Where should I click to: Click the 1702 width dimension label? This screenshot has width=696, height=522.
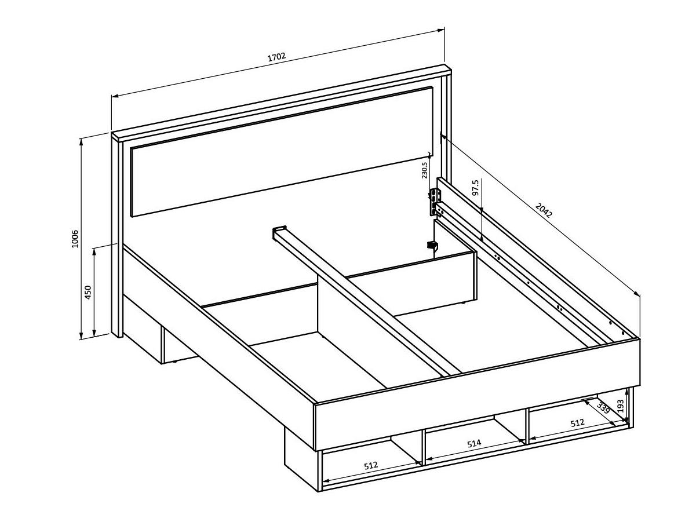tap(277, 57)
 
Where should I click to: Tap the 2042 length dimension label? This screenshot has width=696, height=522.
tap(544, 210)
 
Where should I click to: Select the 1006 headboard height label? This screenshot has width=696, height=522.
tap(75, 239)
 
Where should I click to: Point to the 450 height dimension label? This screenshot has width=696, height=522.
tap(88, 292)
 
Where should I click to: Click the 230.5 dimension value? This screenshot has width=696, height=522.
tap(425, 170)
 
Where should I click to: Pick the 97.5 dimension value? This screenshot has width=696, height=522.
tap(476, 187)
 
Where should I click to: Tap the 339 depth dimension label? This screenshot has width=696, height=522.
tap(603, 408)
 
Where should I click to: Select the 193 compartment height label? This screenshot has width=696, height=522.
tap(621, 406)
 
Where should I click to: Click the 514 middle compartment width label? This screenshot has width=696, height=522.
tap(474, 443)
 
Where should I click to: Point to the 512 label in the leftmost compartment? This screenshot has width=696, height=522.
tap(371, 465)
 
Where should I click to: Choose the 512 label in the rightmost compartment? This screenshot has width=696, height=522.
tap(577, 423)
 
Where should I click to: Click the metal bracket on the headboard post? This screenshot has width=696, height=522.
tap(435, 202)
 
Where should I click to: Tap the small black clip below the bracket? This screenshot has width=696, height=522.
tap(432, 245)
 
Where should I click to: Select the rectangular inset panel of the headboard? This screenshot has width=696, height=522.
tap(282, 151)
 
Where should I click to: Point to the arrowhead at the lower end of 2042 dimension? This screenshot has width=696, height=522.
tap(637, 293)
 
